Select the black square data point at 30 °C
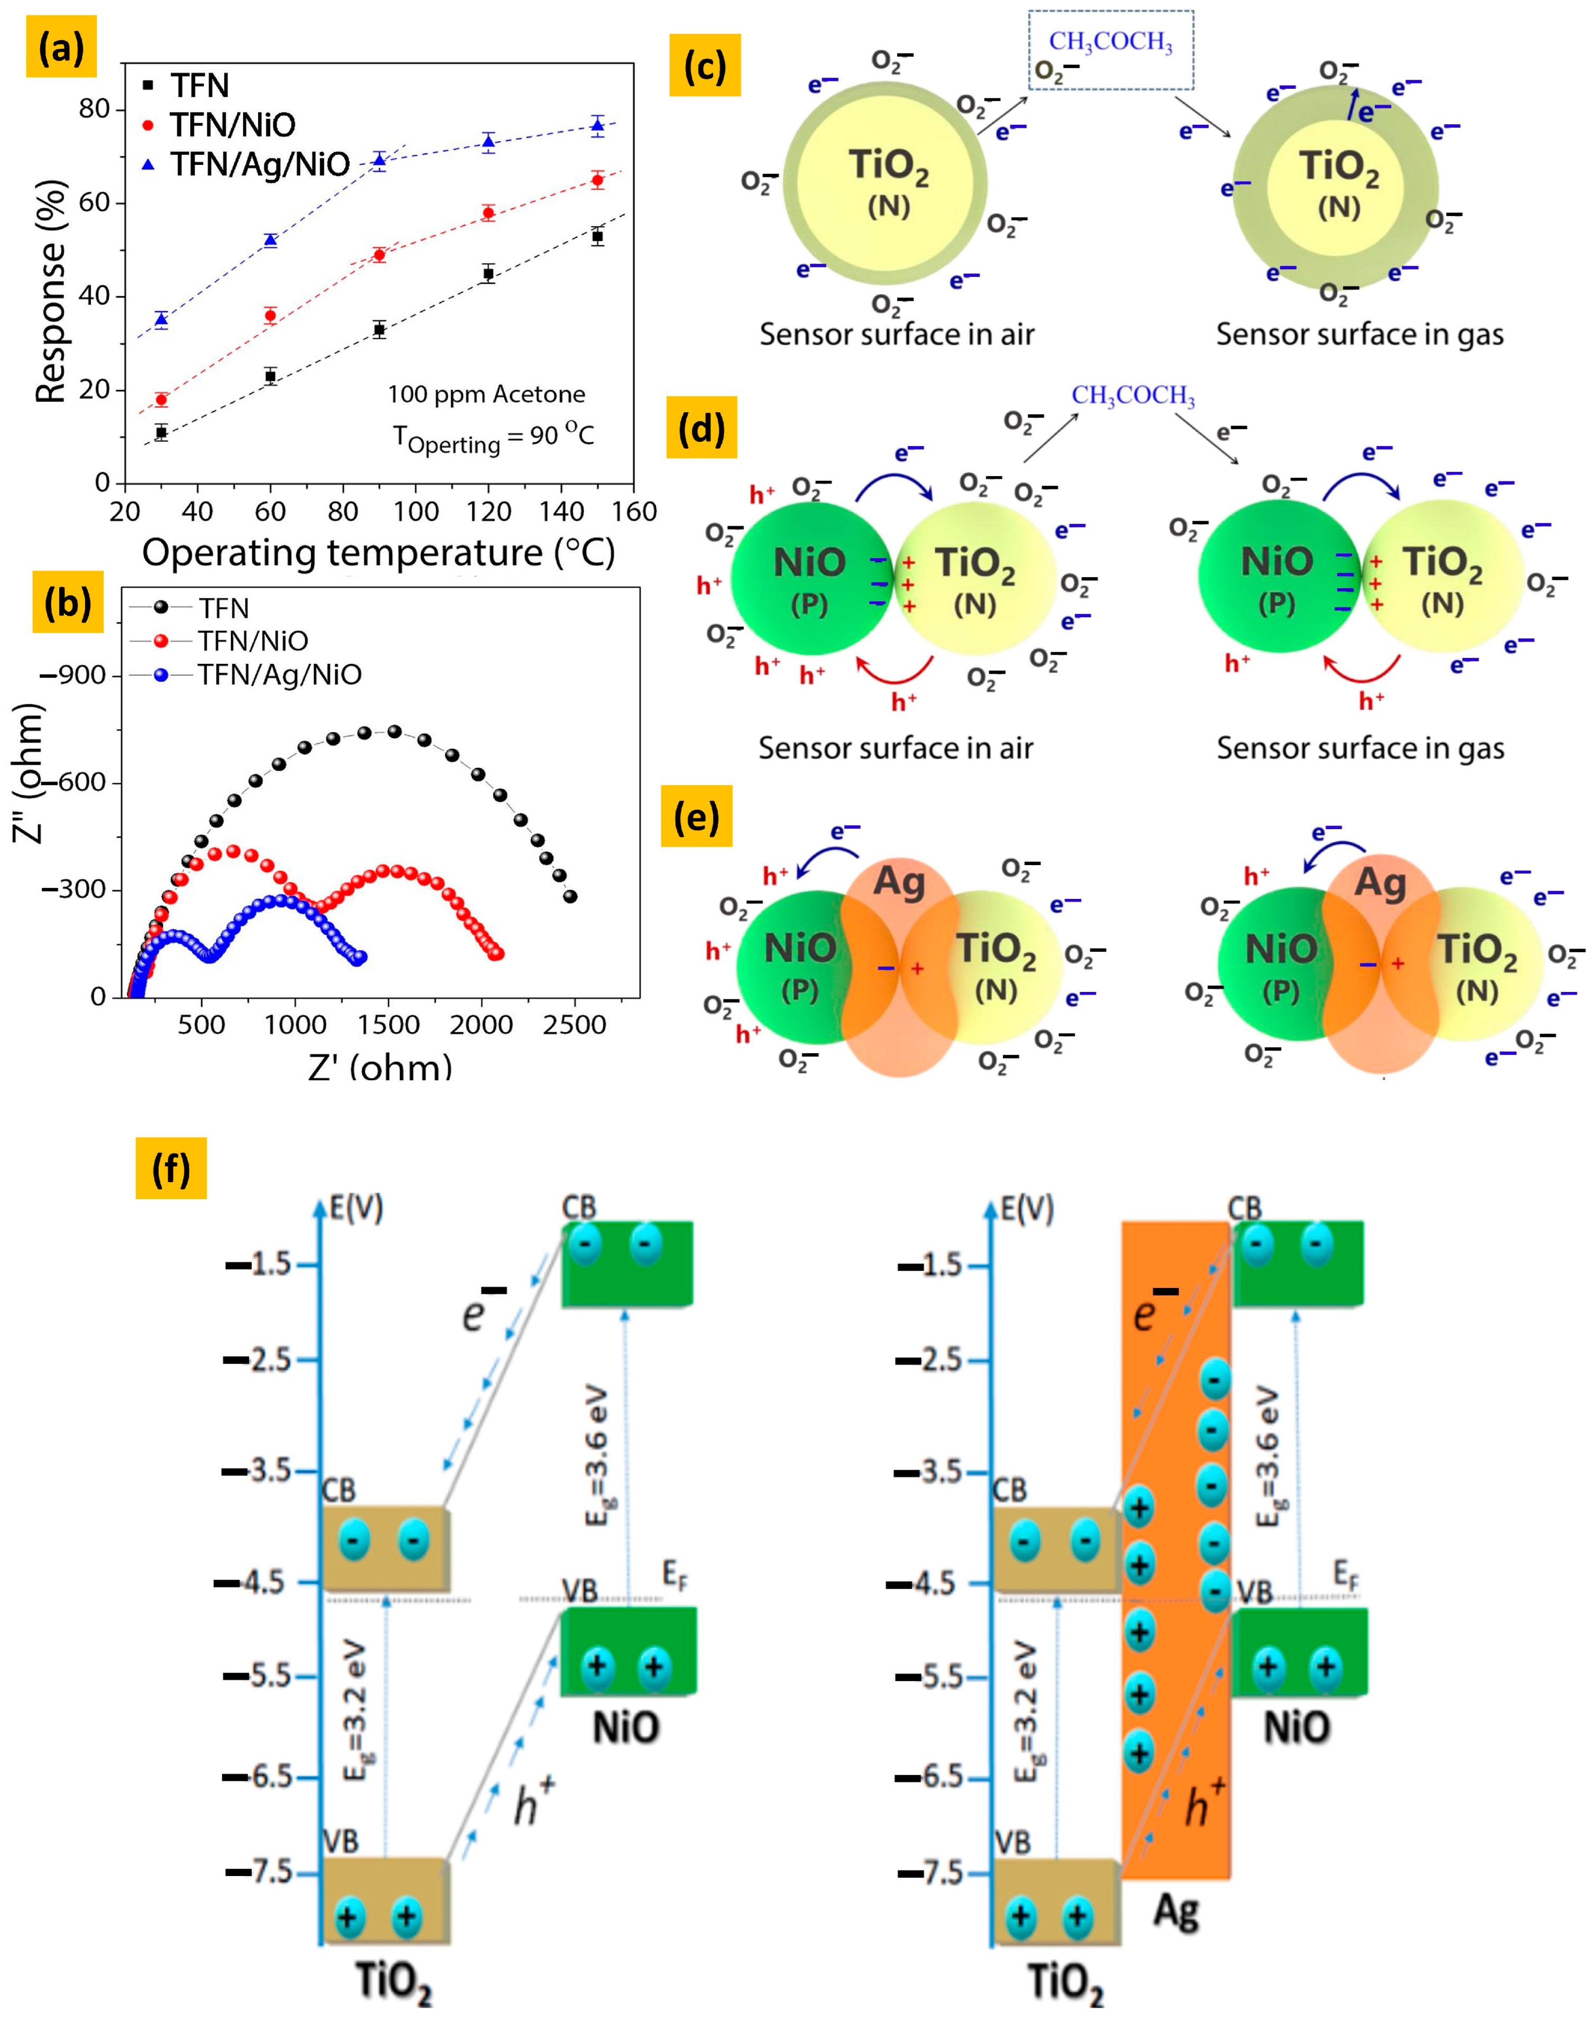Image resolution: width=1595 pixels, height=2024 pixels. (162, 432)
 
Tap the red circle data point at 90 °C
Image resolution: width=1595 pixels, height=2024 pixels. (379, 255)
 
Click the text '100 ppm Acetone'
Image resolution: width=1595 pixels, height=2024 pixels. (486, 394)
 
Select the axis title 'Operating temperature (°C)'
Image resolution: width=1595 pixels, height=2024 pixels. (378, 553)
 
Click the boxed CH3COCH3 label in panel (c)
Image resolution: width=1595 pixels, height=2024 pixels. (1110, 42)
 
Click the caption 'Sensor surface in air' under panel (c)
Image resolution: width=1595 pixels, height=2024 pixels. (897, 334)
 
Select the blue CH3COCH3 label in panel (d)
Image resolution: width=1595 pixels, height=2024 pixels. (1133, 396)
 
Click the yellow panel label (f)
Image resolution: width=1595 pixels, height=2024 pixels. (171, 1168)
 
